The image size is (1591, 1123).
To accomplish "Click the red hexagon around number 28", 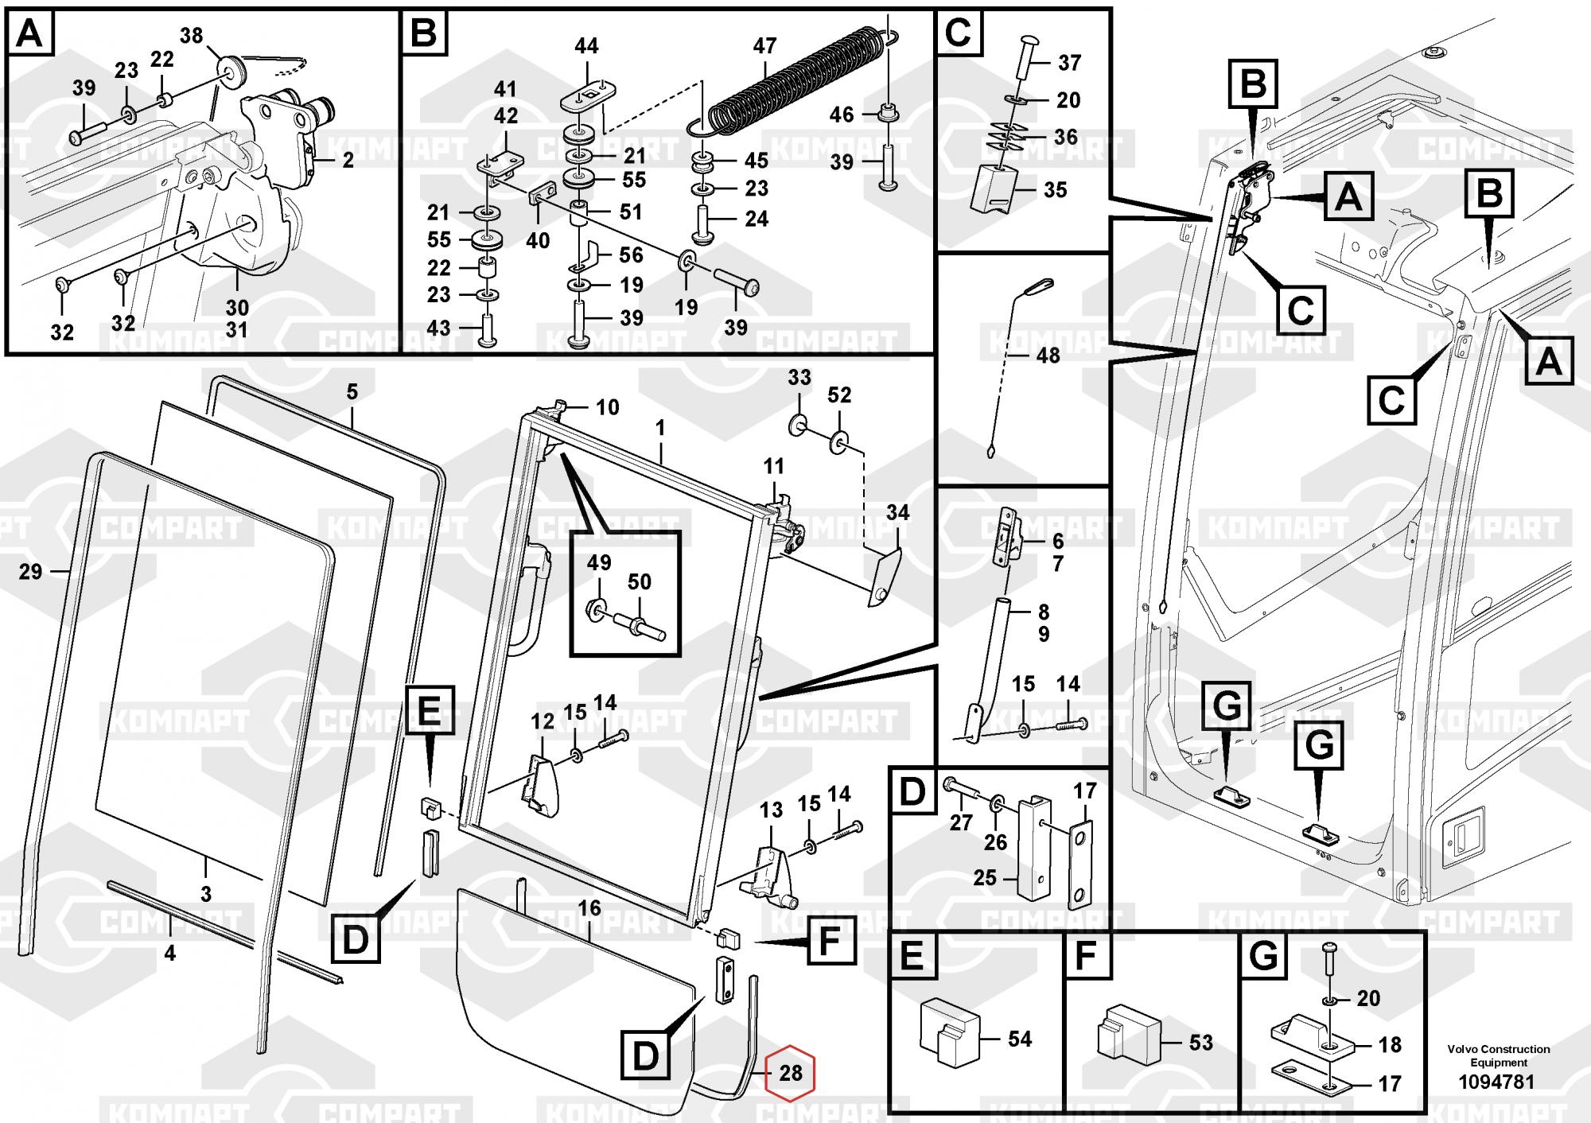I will pos(790,1073).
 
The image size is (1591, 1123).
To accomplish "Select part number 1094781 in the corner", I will pos(1496,1082).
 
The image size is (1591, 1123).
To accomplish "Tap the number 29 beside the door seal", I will pos(30,571).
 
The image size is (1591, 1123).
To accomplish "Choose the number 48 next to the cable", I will pos(1048,356).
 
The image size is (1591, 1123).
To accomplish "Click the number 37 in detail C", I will pos(1069,62).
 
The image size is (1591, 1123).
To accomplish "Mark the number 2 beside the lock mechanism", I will pos(348,160).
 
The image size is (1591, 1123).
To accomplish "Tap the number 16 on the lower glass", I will pos(589,908).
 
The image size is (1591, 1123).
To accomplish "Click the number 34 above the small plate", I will pos(897,513).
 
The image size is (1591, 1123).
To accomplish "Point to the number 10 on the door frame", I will pos(607,407).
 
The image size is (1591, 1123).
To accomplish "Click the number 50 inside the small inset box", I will pos(640,581).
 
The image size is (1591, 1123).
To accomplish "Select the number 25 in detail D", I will pos(985,877).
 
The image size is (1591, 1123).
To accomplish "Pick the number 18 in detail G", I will pos(1390,1044).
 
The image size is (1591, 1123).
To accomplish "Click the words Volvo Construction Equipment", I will pos(1498,1055).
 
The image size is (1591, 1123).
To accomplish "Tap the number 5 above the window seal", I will pos(352,391).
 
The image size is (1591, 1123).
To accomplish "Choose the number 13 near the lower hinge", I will pos(771,810).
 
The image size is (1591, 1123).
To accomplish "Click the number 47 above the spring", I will pos(764,46).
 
